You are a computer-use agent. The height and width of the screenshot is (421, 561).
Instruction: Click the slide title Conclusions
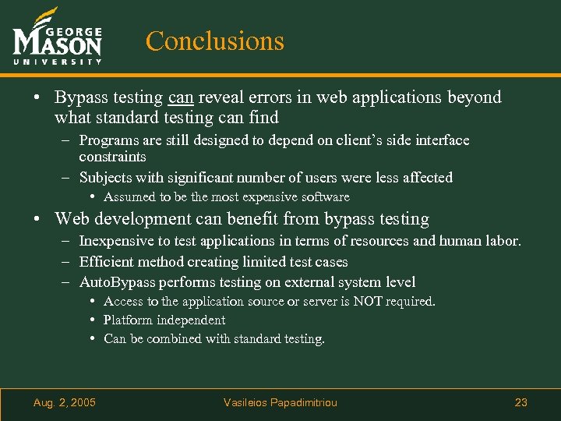click(215, 41)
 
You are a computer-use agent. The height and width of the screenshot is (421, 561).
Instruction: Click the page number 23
click(521, 402)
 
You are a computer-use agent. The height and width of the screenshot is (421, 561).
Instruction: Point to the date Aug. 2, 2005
click(65, 402)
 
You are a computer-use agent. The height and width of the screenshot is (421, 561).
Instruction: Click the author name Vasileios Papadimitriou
click(280, 402)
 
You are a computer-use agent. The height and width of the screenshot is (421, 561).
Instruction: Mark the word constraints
click(112, 157)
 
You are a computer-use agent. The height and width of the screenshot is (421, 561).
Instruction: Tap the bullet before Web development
click(37, 219)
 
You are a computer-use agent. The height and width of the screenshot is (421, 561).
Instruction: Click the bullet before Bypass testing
click(37, 97)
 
